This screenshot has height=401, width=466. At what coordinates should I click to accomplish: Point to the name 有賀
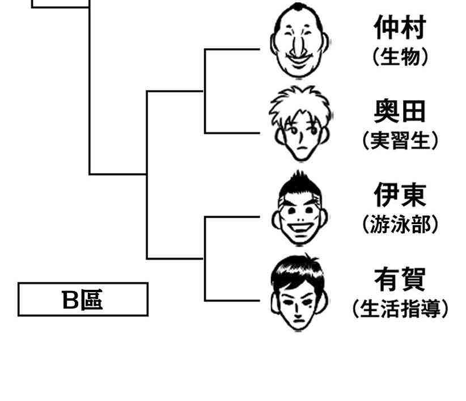[x=400, y=279]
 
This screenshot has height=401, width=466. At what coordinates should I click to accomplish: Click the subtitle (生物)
[x=400, y=57]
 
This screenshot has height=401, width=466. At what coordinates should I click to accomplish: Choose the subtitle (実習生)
[x=400, y=141]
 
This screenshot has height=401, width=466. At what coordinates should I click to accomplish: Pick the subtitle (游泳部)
[x=400, y=225]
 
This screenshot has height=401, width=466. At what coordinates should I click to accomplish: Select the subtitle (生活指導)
[x=400, y=309]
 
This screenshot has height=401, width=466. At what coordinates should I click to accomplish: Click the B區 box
[x=83, y=299]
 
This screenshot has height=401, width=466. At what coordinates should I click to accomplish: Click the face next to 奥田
[x=300, y=125]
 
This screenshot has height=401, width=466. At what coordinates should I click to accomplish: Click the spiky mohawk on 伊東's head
[x=300, y=183]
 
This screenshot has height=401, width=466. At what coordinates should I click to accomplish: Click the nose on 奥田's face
[x=300, y=136]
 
